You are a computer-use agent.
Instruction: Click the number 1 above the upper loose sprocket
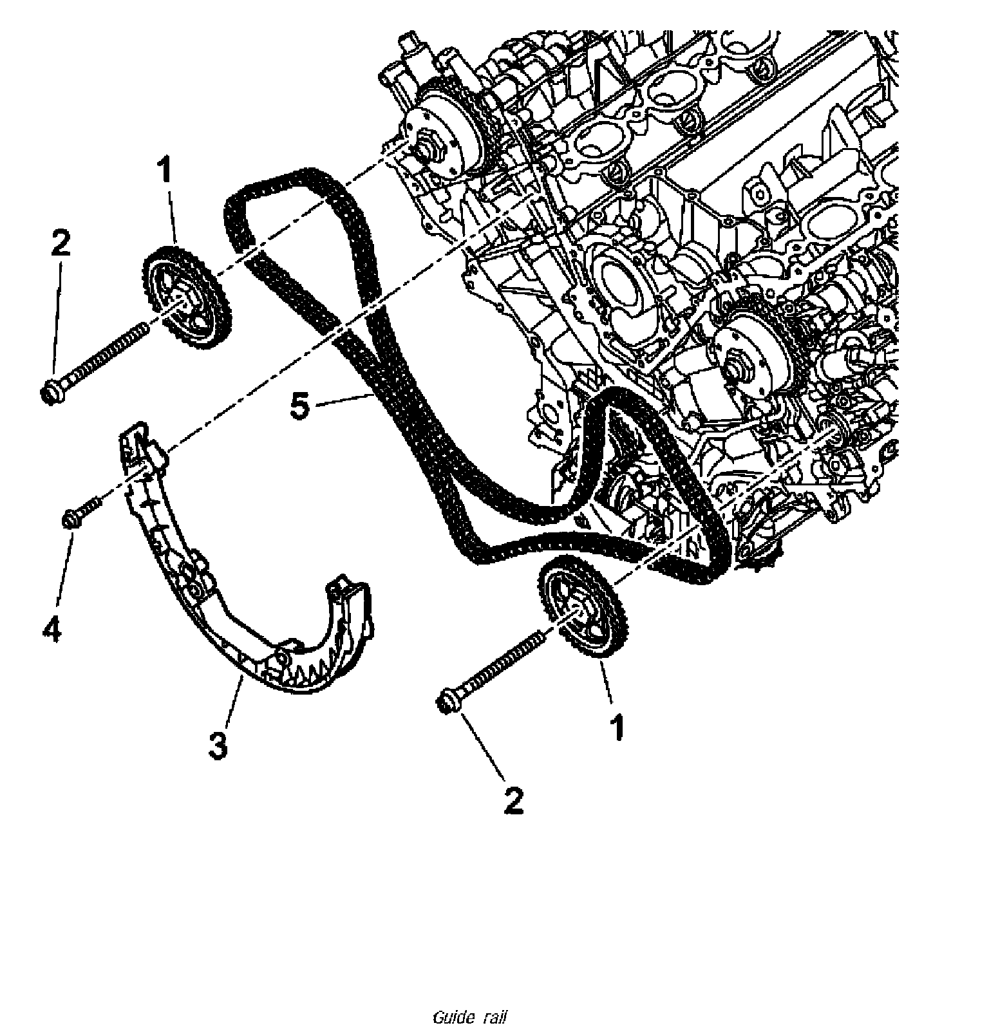165,173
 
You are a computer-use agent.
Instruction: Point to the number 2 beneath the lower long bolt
513,800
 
